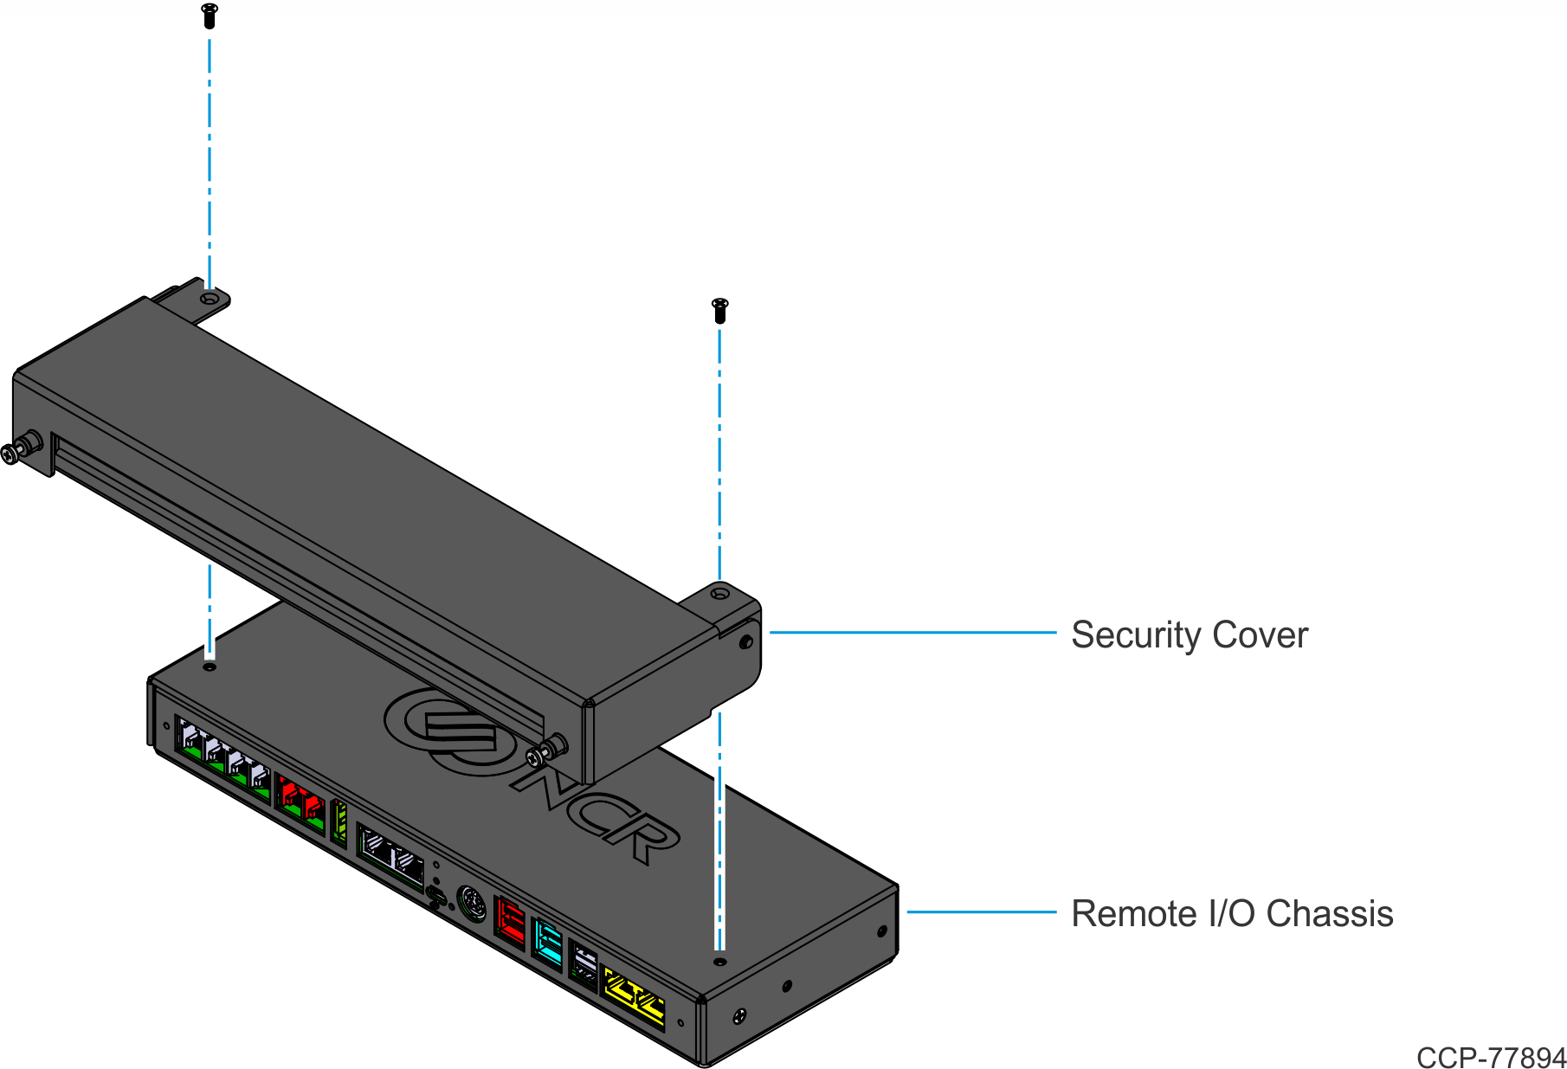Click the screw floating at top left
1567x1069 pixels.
pyautogui.click(x=209, y=16)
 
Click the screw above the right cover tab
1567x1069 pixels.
pyautogui.click(x=719, y=311)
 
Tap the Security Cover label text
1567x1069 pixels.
pyautogui.click(x=1189, y=634)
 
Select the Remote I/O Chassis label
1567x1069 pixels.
pyautogui.click(x=1231, y=914)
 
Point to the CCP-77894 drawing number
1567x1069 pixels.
pyautogui.click(x=1491, y=1057)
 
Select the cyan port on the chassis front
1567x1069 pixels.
pyautogui.click(x=547, y=941)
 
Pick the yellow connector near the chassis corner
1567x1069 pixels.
pyautogui.click(x=635, y=997)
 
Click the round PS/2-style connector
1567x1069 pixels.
pyautogui.click(x=471, y=904)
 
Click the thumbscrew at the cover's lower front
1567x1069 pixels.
pyautogui.click(x=547, y=750)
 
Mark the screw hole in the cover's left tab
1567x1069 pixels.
pyautogui.click(x=209, y=299)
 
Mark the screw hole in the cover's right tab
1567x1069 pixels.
pyautogui.click(x=719, y=594)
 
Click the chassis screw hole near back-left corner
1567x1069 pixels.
pyautogui.click(x=209, y=667)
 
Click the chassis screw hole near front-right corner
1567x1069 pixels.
pyautogui.click(x=719, y=961)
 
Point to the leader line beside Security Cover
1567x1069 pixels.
pyautogui.click(x=912, y=633)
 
